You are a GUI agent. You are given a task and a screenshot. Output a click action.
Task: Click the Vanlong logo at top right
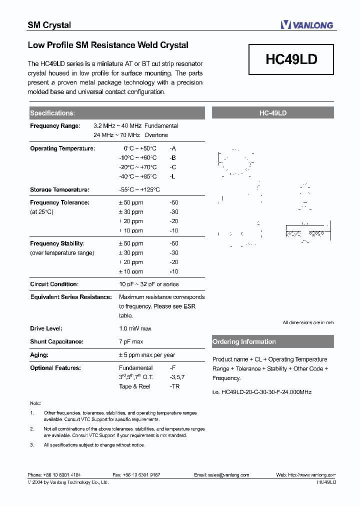(306, 24)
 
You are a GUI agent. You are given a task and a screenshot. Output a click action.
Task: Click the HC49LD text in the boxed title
(291, 59)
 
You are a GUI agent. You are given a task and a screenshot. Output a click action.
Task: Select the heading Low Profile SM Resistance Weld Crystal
(108, 45)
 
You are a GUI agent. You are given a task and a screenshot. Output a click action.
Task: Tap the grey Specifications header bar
(116, 113)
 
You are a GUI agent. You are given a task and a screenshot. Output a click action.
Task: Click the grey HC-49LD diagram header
(272, 113)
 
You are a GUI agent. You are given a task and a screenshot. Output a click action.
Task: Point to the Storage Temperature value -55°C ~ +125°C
(139, 190)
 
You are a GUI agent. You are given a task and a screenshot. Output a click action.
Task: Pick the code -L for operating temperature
(172, 176)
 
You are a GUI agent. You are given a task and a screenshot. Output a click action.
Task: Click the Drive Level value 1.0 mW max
(135, 328)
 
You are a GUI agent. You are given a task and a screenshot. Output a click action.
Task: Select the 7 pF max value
(131, 341)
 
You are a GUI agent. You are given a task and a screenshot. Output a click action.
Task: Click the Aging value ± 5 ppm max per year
(147, 355)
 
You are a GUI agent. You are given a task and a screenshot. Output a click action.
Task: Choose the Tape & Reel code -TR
(174, 386)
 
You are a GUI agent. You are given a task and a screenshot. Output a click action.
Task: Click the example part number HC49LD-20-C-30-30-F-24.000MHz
(262, 392)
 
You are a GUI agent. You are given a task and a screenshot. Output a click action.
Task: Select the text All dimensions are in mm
(308, 322)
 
